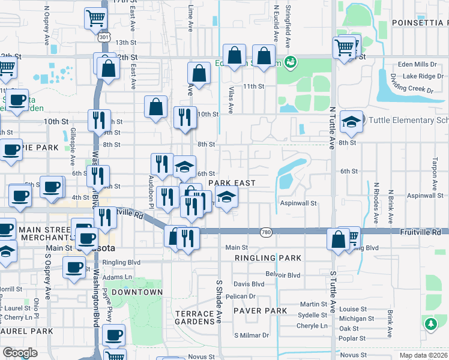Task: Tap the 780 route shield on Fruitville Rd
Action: coord(267,232)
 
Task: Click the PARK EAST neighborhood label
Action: coord(232,183)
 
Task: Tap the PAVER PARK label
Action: coord(261,310)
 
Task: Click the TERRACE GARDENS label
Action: coord(194,318)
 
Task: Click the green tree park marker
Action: coord(430,325)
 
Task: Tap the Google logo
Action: coord(20,353)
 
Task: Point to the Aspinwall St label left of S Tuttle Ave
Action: coord(298,203)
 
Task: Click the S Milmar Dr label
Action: coord(252,335)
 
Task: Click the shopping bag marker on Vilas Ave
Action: coord(235,56)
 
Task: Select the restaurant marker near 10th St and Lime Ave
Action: coord(185,116)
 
